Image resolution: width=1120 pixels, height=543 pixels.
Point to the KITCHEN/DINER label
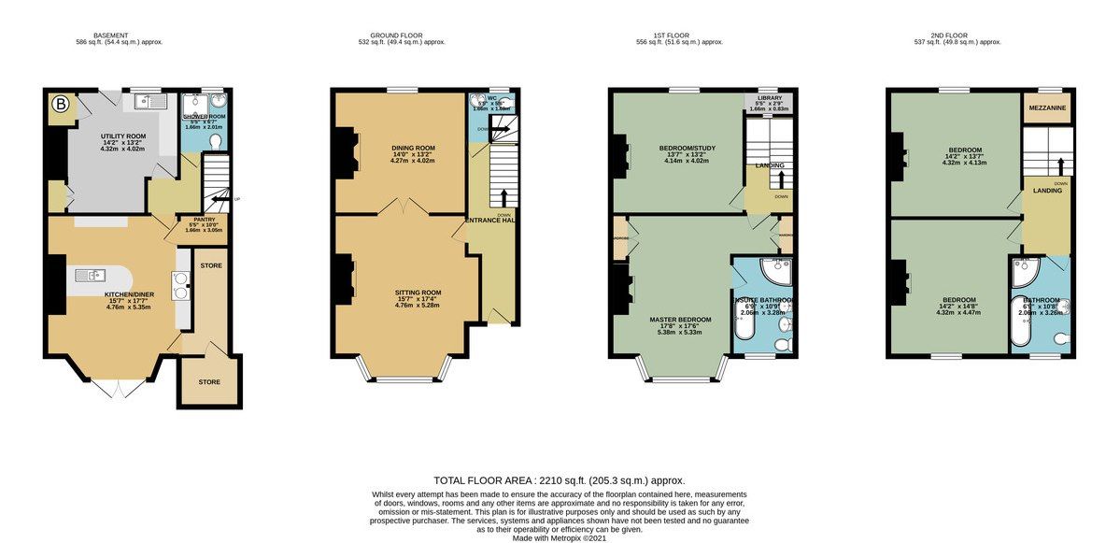128,294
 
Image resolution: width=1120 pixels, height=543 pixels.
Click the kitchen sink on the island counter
93,275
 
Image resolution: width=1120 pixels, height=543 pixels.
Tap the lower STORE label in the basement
208,381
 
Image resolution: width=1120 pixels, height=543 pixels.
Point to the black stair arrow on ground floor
505,197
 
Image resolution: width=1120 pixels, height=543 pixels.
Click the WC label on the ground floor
491,97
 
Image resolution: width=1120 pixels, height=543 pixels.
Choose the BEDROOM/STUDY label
680,148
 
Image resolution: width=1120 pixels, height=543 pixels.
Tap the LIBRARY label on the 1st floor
770,97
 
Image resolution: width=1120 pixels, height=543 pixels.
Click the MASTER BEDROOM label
680,320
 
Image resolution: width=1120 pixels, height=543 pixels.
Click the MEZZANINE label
1048,107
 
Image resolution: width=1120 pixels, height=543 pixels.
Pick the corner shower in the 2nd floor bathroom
1025,272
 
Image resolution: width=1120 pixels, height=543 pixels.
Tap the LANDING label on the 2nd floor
1046,191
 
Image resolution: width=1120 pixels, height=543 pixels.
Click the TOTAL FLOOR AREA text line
552,479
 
